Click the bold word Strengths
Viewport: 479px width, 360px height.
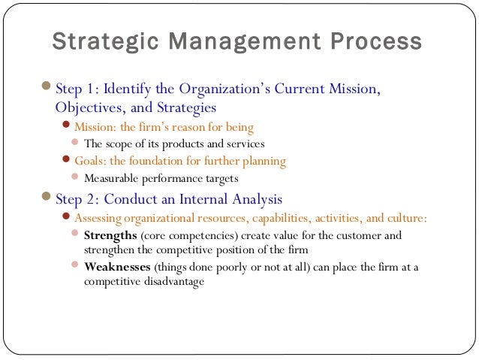[111, 235]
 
